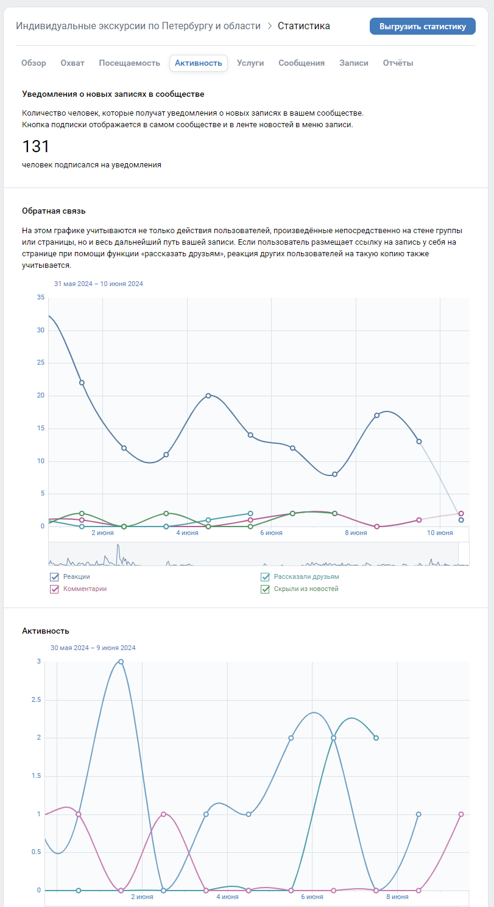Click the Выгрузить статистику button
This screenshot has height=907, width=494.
coord(422,26)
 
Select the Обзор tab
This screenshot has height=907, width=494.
coord(34,63)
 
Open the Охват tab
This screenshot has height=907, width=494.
coord(72,63)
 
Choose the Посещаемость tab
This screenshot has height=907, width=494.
coord(129,63)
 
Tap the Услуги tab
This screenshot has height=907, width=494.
coord(250,63)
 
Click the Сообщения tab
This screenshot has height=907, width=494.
coord(302,63)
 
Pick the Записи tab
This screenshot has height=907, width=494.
coord(354,63)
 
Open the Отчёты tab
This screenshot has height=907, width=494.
coord(398,63)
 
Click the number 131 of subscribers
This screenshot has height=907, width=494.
coord(36,147)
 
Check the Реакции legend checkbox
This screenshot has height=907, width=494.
coord(54,576)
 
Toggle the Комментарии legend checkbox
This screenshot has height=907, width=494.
coord(54,589)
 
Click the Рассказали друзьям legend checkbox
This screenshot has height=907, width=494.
coord(265,576)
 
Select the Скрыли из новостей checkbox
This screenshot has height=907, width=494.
coord(265,589)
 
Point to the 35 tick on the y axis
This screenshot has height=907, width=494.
coord(41,297)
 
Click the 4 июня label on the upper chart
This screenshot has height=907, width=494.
coord(187,533)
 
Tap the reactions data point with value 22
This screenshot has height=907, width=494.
coord(82,382)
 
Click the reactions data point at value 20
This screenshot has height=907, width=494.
coord(208,396)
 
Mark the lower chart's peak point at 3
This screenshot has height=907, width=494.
coord(121,662)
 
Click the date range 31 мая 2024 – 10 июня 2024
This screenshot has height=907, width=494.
coord(99,284)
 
